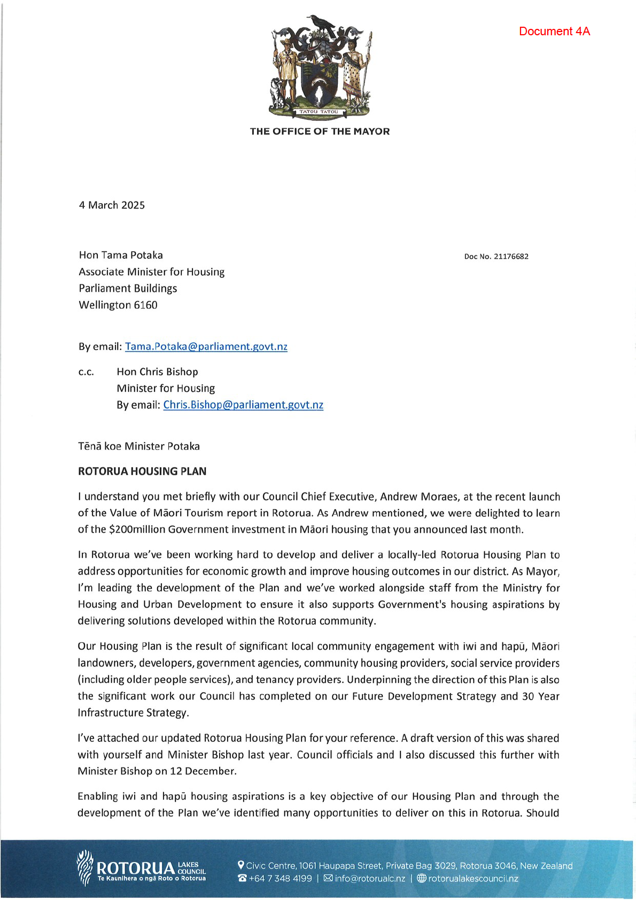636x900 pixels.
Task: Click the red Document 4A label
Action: pos(554,32)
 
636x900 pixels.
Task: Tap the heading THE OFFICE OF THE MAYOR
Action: pos(320,131)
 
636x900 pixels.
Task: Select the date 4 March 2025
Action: pos(112,205)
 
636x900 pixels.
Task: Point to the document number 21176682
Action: pos(511,257)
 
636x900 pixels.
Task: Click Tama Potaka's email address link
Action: pos(206,346)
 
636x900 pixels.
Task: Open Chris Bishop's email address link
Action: pos(243,405)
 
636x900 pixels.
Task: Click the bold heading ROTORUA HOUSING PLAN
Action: pos(142,471)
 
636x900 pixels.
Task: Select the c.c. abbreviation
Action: pos(86,372)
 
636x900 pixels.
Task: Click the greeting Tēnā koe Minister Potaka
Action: pos(139,446)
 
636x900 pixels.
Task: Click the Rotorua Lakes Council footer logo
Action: pos(142,868)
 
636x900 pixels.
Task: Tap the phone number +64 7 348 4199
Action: pos(280,879)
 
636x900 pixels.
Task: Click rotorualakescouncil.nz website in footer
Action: pos(473,879)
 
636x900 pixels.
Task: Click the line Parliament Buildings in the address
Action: pos(128,289)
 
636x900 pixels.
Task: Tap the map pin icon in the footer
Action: pos(241,865)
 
